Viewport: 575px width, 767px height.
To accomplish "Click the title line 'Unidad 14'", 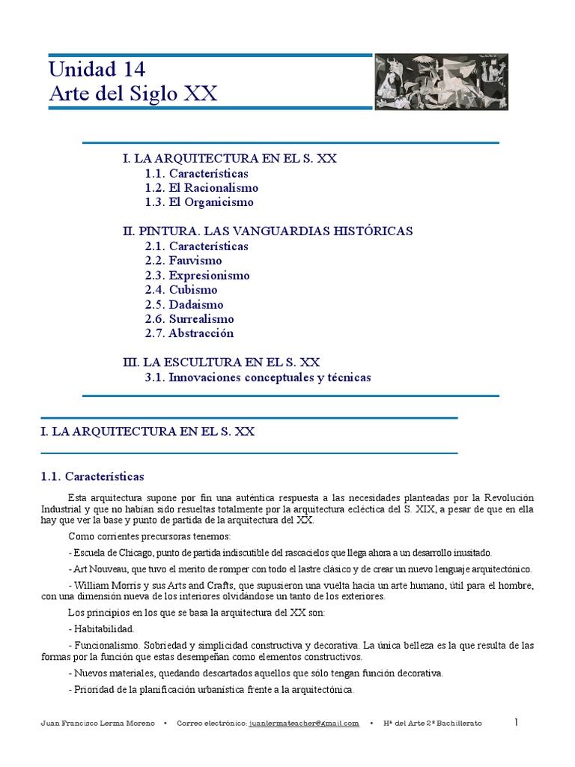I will click(97, 69).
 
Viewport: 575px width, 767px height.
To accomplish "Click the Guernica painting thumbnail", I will click(441, 82).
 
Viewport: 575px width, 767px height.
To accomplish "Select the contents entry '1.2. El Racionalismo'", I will click(201, 188).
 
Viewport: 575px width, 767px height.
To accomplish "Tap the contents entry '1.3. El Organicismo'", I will click(199, 202).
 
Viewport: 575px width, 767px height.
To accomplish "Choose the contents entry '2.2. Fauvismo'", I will click(183, 261).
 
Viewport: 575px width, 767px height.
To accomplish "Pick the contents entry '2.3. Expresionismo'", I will click(198, 276).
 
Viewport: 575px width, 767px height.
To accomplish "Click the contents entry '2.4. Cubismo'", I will click(181, 290).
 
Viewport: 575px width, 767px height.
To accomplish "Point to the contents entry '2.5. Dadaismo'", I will click(184, 305).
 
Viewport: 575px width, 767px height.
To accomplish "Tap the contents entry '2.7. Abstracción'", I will click(189, 333).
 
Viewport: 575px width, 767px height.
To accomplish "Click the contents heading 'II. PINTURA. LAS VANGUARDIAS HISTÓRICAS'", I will click(267, 231).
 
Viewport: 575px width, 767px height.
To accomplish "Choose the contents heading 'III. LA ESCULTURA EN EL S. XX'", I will click(221, 363).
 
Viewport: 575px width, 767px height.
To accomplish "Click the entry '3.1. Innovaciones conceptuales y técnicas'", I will click(258, 378).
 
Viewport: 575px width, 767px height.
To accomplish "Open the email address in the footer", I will click(304, 723).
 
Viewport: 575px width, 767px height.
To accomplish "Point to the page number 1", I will click(516, 722).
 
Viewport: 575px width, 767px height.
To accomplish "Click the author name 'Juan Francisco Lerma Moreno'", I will click(97, 723).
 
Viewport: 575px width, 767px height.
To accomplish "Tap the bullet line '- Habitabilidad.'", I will click(101, 628).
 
